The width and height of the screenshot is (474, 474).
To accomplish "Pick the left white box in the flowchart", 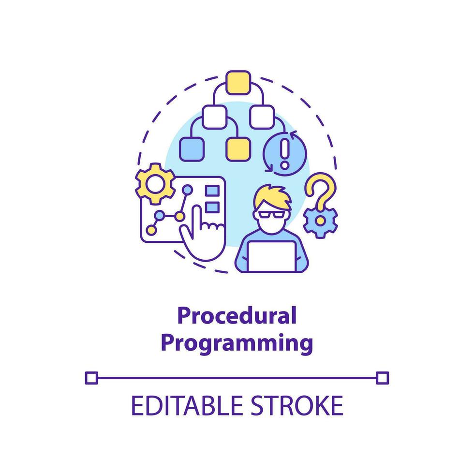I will pos(214,116).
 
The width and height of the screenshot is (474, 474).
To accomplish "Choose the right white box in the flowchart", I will pos(262,116).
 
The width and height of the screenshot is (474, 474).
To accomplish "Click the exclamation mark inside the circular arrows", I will pos(284,151).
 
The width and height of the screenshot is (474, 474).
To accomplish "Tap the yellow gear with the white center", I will pos(155,183).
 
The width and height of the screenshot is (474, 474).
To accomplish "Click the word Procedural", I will pos(237,316).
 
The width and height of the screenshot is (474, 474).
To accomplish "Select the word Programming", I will pos(237,342).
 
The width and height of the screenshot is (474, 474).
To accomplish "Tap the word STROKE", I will pos(299,405).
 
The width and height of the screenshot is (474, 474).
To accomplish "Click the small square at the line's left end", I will pos(91,377).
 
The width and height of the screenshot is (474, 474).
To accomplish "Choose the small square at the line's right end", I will pos(382,377).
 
